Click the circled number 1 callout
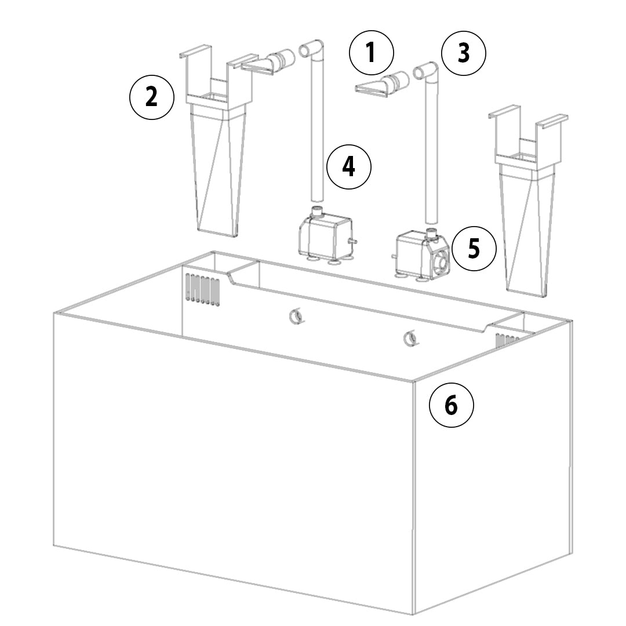(x=372, y=53)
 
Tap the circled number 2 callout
(x=152, y=97)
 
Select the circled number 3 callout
(x=464, y=53)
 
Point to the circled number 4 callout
(x=349, y=167)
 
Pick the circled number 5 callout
(x=474, y=248)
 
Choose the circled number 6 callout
(x=451, y=405)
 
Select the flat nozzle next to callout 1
(x=382, y=85)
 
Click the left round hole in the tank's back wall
(x=296, y=316)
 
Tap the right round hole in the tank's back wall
(x=410, y=339)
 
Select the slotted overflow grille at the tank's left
(x=202, y=289)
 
